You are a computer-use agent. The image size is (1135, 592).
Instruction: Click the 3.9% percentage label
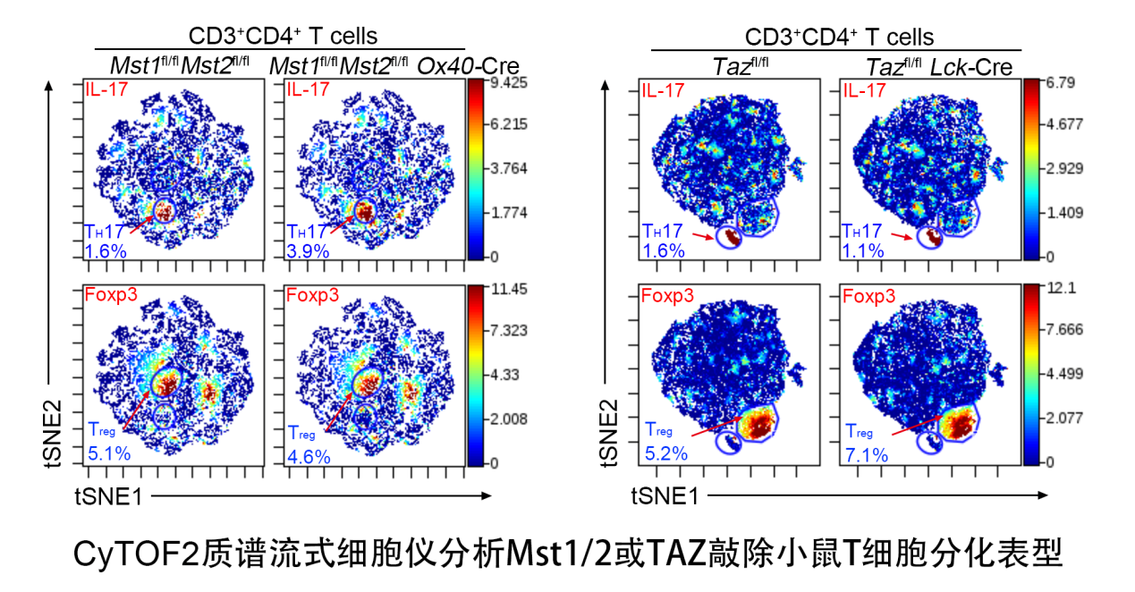(x=308, y=251)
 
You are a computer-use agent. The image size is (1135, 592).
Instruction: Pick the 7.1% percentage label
(x=867, y=455)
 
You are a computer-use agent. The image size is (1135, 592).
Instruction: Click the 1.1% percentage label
(x=863, y=251)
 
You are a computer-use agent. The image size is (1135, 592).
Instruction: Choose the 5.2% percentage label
(x=665, y=454)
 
